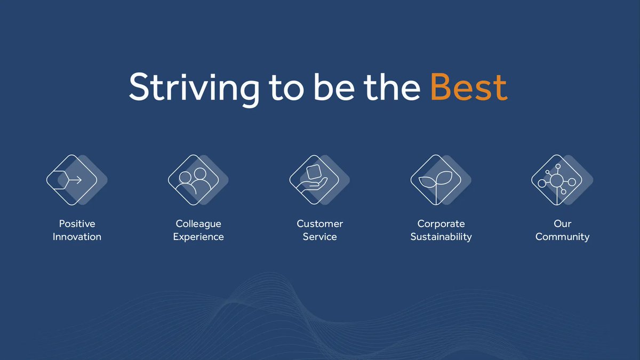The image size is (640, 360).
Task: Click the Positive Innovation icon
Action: click(x=73, y=180)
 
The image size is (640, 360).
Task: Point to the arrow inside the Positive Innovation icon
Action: click(x=76, y=180)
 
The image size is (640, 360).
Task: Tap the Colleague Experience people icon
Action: click(x=194, y=180)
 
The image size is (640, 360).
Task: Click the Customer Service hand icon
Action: click(x=315, y=180)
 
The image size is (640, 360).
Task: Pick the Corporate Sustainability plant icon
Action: click(x=436, y=180)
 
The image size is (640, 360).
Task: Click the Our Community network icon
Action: click(x=557, y=180)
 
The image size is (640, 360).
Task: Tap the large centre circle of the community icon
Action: click(x=557, y=181)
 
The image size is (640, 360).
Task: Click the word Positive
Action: click(x=77, y=224)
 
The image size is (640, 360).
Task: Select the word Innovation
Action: click(x=77, y=237)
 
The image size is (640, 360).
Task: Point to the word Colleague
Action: click(x=198, y=224)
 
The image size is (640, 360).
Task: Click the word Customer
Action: click(x=320, y=224)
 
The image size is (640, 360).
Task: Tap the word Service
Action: click(x=320, y=237)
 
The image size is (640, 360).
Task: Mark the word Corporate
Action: click(x=441, y=224)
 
